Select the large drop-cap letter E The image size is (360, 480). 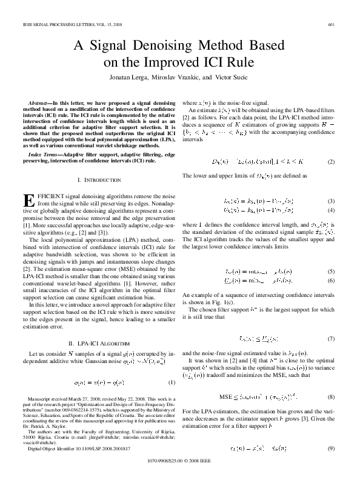click(x=29, y=201)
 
